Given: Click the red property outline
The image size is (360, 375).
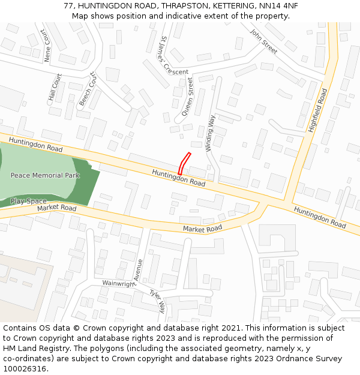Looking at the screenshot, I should click(x=184, y=164).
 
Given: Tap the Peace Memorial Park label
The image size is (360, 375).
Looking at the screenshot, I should click(x=45, y=176).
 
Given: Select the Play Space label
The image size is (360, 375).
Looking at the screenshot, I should click(x=28, y=201).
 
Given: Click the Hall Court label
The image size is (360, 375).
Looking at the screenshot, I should click(x=55, y=87).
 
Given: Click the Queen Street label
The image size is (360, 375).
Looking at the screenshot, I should click(x=188, y=96).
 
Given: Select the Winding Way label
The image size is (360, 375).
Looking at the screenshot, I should click(x=210, y=133).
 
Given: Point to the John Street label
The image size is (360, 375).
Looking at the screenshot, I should click(x=264, y=41).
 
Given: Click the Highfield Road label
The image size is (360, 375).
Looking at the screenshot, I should click(x=317, y=110).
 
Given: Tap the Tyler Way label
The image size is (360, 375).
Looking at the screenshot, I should click(x=157, y=301).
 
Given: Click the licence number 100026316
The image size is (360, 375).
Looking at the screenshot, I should click(x=25, y=369).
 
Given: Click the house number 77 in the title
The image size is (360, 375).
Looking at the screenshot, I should click(x=68, y=5).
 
